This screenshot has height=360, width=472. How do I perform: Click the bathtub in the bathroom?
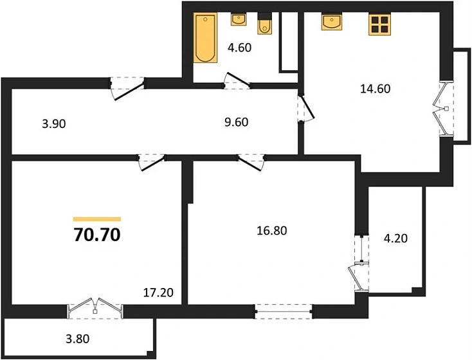point(205,38)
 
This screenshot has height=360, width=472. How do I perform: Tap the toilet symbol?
point(264,23)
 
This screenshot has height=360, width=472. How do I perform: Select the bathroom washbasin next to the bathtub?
point(239,19)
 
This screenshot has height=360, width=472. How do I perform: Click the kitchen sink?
point(332,22)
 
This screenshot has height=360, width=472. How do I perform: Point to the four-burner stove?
point(379,24)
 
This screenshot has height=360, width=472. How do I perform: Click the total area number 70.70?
point(97,235)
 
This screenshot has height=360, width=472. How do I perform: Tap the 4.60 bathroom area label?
point(239,48)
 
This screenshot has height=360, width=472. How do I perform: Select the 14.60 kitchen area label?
point(376,89)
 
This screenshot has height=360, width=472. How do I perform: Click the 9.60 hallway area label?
point(236,122)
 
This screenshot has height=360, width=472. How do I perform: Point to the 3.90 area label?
point(54,123)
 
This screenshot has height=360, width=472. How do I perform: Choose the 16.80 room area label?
point(272,231)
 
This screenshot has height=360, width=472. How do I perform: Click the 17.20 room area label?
point(158,292)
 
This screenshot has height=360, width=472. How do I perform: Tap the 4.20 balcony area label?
point(395,239)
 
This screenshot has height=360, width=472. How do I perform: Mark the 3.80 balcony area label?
point(78,339)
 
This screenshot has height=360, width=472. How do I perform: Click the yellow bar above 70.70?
point(97,219)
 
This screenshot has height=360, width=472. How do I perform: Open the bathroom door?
point(237,81)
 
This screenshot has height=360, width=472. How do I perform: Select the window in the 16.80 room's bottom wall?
point(283,311)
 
